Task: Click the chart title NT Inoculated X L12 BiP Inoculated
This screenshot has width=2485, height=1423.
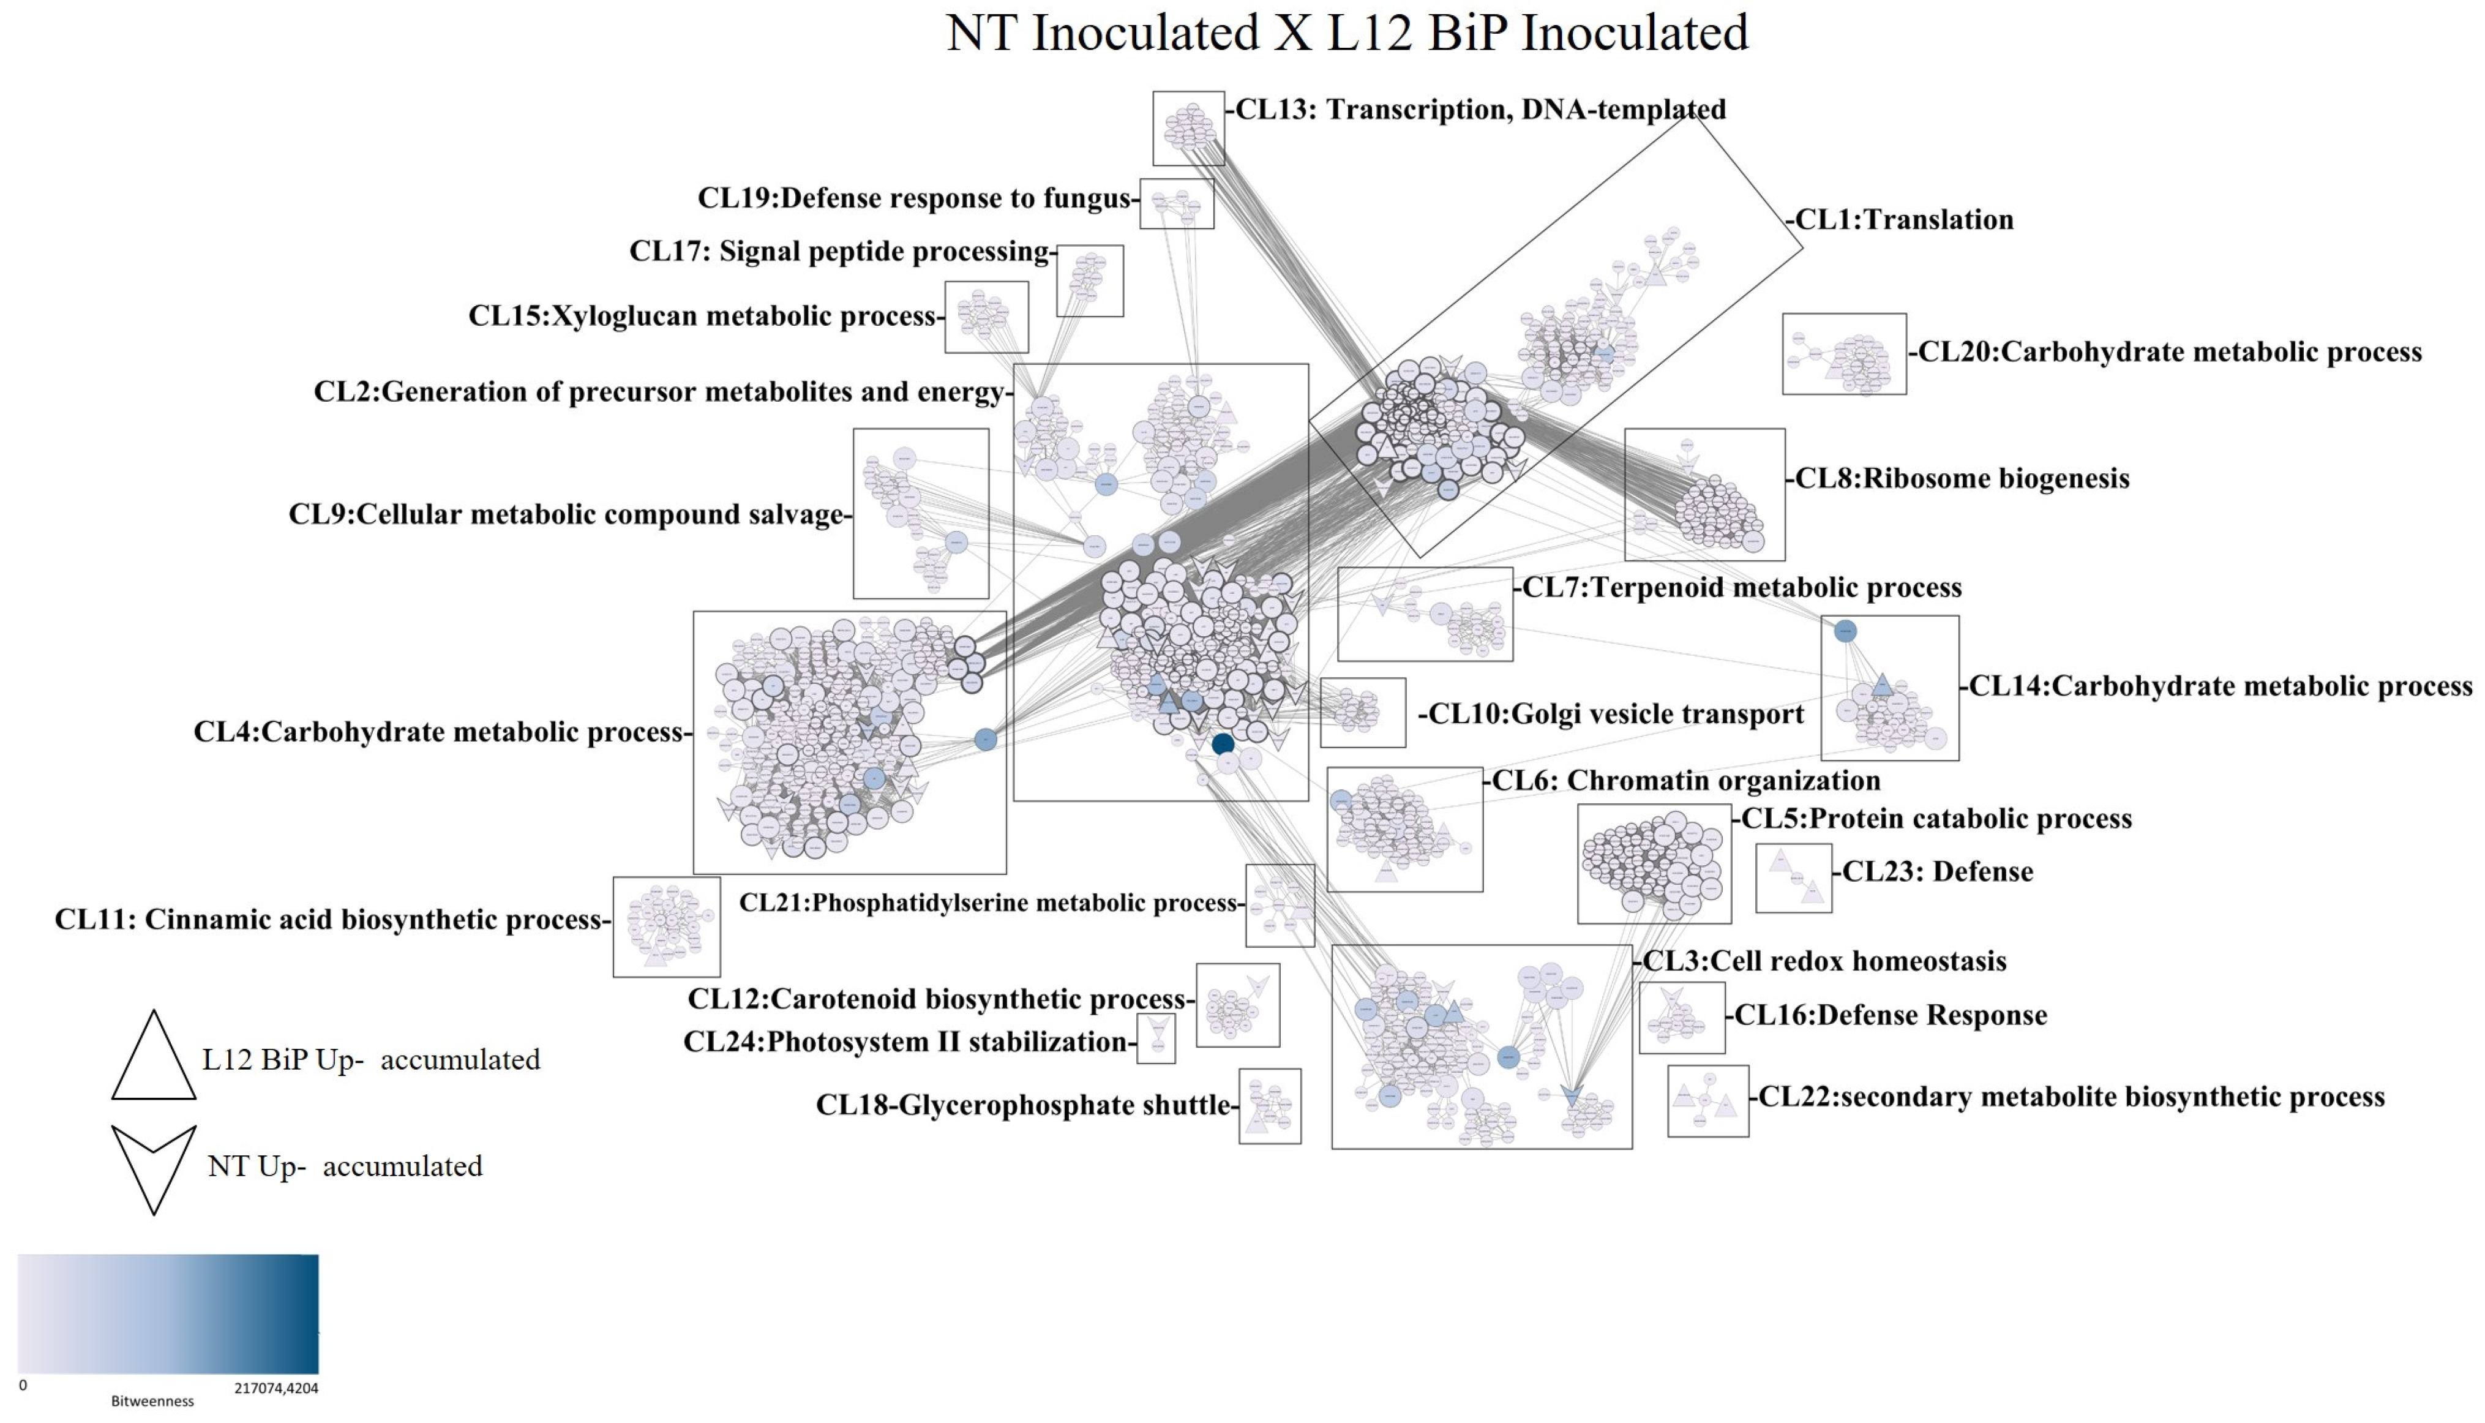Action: click(x=1346, y=33)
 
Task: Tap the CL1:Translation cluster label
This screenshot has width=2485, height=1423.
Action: click(x=1903, y=220)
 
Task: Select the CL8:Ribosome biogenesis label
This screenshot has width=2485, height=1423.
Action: click(x=1962, y=479)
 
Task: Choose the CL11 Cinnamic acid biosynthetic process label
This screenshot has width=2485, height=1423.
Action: click(x=328, y=920)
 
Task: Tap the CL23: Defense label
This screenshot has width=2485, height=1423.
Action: click(x=1937, y=872)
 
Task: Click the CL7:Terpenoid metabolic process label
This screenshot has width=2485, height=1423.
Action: click(x=1741, y=587)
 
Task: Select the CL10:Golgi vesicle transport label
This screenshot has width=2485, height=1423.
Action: click(x=1615, y=715)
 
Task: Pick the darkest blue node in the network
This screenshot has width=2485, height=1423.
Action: click(x=1223, y=745)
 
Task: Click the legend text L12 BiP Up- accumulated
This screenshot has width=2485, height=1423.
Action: click(x=372, y=1061)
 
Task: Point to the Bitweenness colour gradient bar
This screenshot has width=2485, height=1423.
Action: click(x=168, y=1315)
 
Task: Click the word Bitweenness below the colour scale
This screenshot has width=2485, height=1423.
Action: click(x=152, y=1402)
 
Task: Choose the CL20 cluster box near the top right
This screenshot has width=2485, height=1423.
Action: click(x=1843, y=354)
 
